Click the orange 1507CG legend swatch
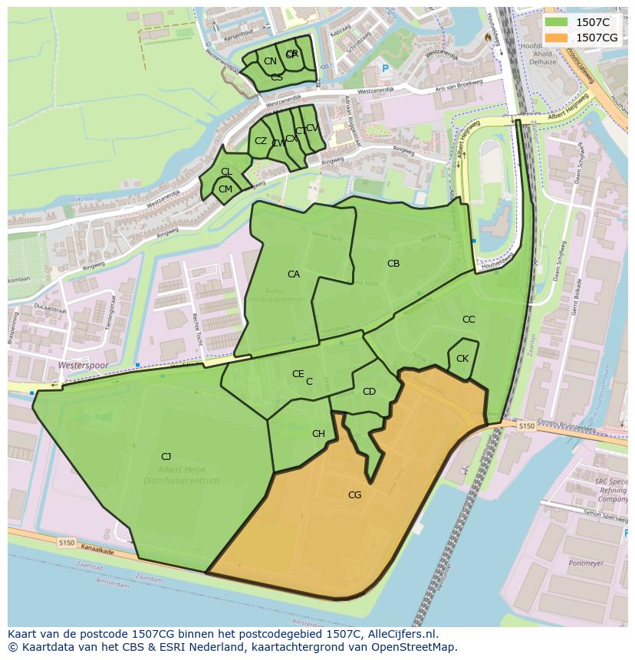558,38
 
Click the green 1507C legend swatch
558,22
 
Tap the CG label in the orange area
354,495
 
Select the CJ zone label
166,457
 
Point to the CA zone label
294,274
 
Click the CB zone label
393,264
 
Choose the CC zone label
469,320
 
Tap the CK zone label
462,359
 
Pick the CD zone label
369,392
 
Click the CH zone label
318,434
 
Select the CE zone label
298,374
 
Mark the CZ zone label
261,141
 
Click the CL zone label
226,172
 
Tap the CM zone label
225,189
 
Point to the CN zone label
270,61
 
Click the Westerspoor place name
83,366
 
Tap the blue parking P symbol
385,69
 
